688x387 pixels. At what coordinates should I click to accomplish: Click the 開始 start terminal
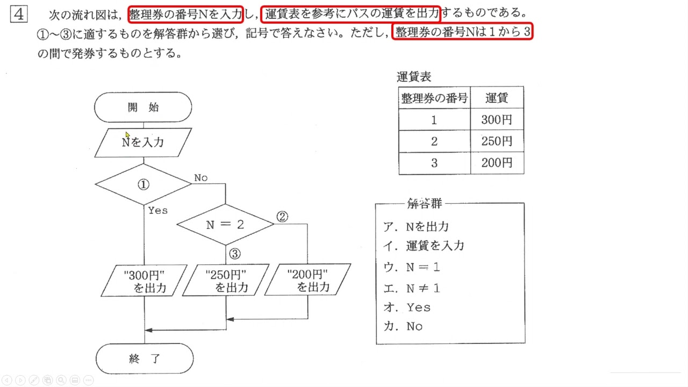(143, 107)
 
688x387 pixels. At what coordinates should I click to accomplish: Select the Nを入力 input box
(143, 142)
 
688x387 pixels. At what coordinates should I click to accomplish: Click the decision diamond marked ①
(143, 184)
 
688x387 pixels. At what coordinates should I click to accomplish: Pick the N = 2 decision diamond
(225, 225)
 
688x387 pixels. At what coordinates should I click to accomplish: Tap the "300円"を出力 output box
(145, 281)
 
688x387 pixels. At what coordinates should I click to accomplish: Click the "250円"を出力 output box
(226, 281)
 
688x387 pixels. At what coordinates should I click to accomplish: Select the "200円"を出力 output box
(308, 281)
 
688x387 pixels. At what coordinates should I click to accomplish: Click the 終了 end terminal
(145, 359)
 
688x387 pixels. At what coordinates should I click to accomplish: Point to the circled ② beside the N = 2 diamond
(282, 217)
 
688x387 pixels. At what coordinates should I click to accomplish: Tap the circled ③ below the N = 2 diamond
(234, 254)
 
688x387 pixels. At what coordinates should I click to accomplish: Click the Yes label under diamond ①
(157, 211)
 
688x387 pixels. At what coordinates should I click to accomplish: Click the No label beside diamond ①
(200, 178)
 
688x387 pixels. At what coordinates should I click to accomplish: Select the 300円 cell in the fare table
(497, 120)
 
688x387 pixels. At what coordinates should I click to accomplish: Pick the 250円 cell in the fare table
(497, 141)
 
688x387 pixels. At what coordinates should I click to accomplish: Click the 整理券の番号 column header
(434, 98)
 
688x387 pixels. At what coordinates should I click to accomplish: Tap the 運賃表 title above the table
(414, 77)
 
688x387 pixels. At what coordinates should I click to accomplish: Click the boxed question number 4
(18, 14)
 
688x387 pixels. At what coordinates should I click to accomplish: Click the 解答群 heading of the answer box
(424, 204)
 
